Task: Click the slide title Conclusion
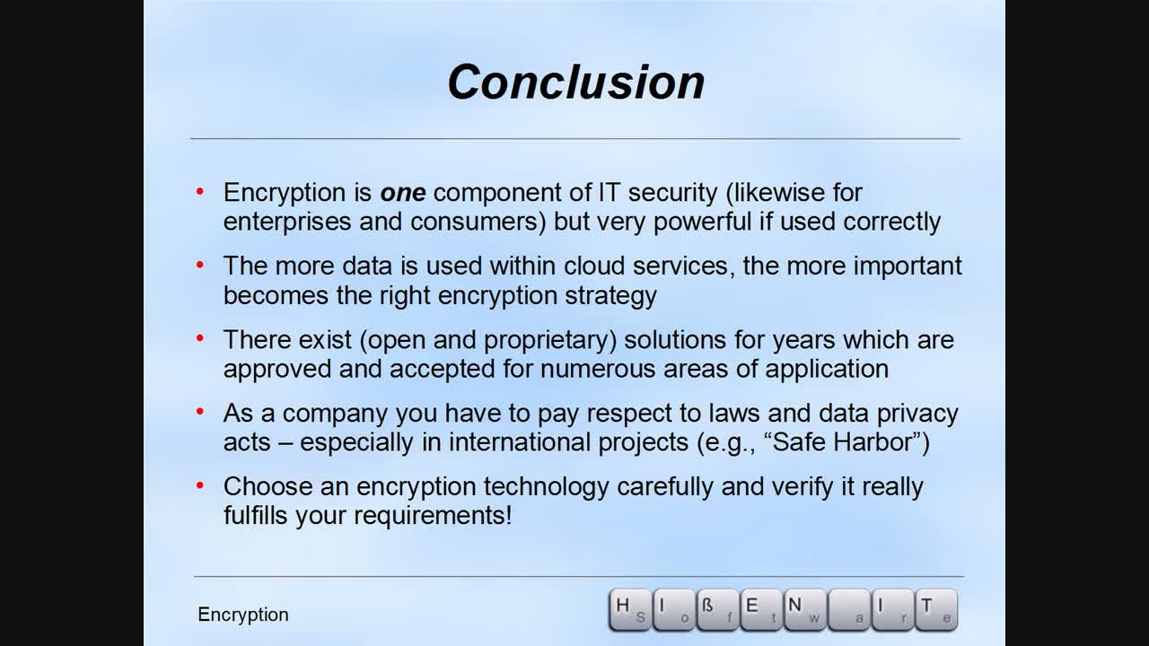pos(575,82)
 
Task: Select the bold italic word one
pos(402,193)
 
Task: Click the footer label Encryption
pos(243,615)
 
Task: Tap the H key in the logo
pos(629,610)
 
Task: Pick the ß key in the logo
pos(716,610)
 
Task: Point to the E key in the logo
pos(760,610)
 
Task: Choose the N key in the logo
pos(803,610)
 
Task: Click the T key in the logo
pos(934,610)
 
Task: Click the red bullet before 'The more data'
pos(201,266)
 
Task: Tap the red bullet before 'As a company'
pos(201,413)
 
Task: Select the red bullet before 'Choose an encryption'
pos(201,486)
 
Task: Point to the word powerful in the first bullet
pos(703,222)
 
